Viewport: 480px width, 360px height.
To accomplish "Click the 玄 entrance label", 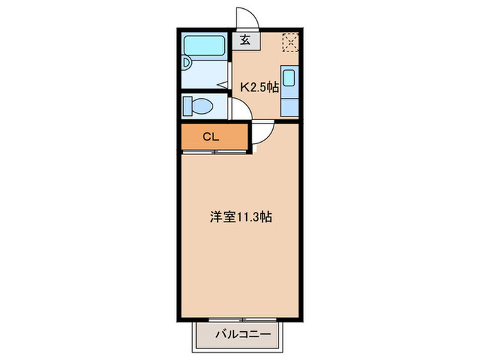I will coord(245,40).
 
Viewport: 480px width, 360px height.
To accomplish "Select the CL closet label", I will coord(211,136).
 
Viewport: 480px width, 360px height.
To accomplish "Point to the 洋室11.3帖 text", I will coord(241,217).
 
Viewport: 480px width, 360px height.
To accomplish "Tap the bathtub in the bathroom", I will coord(205,47).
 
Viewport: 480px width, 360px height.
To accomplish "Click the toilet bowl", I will coord(201,106).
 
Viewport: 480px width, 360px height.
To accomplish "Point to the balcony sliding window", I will coord(241,301).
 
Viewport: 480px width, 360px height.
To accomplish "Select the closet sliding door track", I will coord(214,152).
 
